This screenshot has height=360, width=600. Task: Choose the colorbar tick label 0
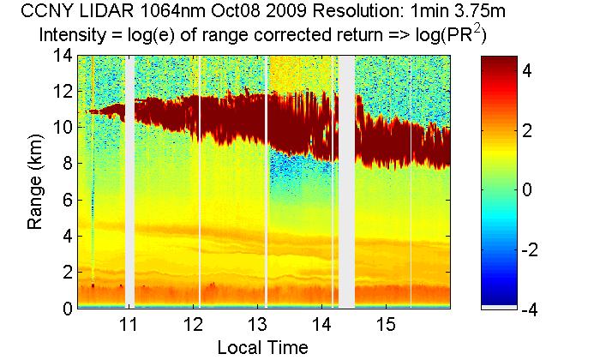528,190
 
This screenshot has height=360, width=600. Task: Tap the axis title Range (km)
36,182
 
